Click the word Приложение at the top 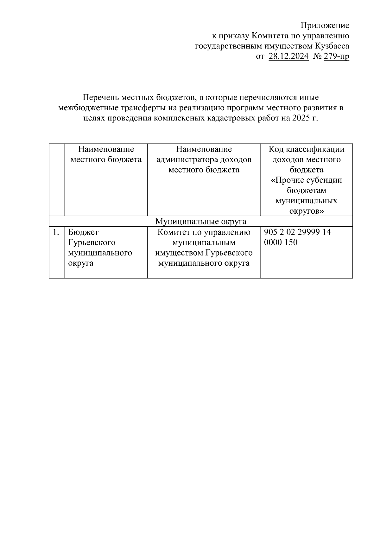(325, 26)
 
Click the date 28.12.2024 (288, 57)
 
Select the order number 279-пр (336, 57)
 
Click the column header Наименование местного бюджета (106, 154)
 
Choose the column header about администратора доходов (204, 159)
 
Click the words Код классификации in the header (306, 149)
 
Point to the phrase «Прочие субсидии (306, 180)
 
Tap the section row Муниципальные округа (200, 221)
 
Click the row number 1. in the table (56, 232)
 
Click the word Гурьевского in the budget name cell (92, 243)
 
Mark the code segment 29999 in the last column (309, 232)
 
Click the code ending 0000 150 (281, 243)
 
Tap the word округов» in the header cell (306, 211)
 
